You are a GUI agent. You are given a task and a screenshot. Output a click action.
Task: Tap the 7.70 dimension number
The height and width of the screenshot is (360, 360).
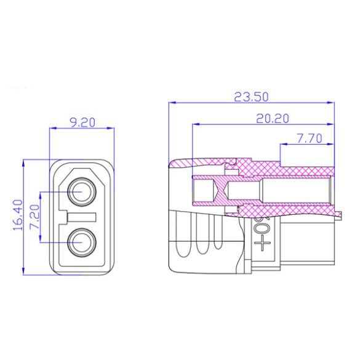307,139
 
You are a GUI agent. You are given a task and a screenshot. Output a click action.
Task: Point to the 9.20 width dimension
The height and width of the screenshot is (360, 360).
82,122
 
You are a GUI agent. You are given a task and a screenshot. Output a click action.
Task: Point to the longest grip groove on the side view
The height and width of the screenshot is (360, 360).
181,237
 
